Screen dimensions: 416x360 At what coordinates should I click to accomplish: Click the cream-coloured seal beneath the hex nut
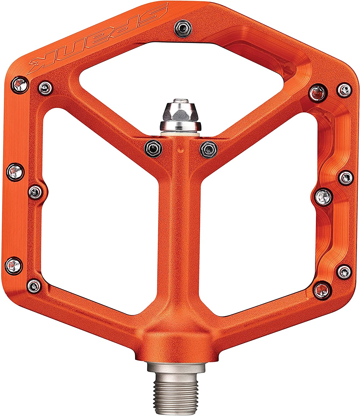tap(180, 135)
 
